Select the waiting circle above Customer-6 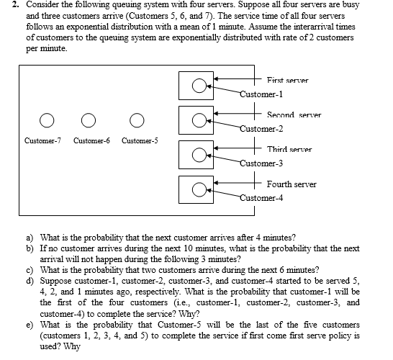pos(90,119)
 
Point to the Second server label pos(294,115)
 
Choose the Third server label pos(289,149)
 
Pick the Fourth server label pos(291,184)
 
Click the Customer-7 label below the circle pos(43,140)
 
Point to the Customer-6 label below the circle pos(91,140)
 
